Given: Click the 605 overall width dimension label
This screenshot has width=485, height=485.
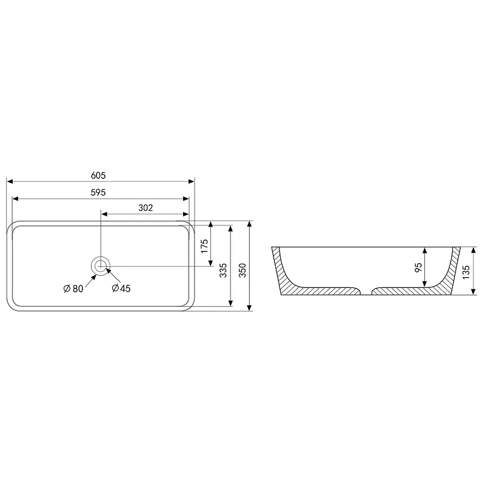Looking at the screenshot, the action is [x=98, y=175].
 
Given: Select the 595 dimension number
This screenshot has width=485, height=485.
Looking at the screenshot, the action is [x=98, y=192].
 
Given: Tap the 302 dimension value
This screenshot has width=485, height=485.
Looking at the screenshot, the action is [x=145, y=208].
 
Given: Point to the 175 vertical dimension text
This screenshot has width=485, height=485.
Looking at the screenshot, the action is [x=204, y=246].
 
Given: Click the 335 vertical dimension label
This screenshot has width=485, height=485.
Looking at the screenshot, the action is [x=223, y=270].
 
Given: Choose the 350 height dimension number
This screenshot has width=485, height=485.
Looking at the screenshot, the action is [x=242, y=270].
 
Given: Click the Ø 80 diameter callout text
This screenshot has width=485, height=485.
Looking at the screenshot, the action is [x=73, y=289].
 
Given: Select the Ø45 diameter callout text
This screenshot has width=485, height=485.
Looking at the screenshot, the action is [x=121, y=289].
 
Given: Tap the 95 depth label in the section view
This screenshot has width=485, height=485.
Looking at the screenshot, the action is [x=418, y=267].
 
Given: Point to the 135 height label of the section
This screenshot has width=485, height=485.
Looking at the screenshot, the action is [x=466, y=272].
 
